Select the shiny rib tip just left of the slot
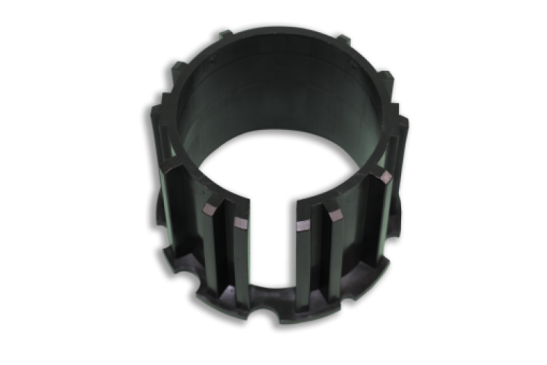(241, 223)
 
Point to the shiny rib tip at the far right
(384, 177)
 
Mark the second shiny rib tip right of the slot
(336, 215)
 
